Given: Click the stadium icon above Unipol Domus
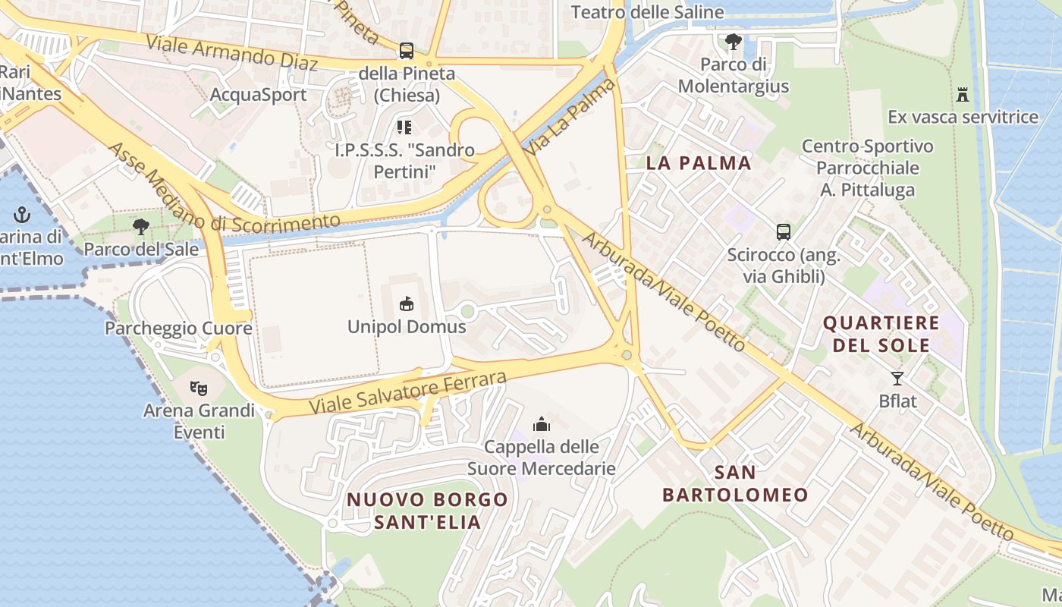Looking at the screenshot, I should pos(407,304).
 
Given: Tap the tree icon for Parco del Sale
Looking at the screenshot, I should pos(140,226).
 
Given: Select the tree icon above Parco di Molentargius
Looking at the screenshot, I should pos(733,41).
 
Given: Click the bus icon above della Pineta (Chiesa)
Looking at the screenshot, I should pos(407,51).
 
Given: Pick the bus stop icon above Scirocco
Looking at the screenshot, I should pos(784,232).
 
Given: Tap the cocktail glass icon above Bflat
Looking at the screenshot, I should pos(897,378).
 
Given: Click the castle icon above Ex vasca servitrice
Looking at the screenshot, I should pos(963,95).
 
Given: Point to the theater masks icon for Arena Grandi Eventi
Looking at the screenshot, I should pos(199,388).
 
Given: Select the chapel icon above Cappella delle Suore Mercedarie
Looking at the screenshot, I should pos(541,423).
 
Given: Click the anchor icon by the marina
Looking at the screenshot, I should pos(22,215).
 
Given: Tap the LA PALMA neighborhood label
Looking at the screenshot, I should pos(699,163).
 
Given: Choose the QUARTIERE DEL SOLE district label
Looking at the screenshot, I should pos(881,334).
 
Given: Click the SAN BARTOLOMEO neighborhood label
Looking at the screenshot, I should pos(735,484).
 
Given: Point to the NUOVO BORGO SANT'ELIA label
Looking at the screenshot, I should pos(427,511).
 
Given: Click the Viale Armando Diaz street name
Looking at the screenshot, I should pos(232,52).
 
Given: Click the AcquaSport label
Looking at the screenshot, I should pos(258,95).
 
